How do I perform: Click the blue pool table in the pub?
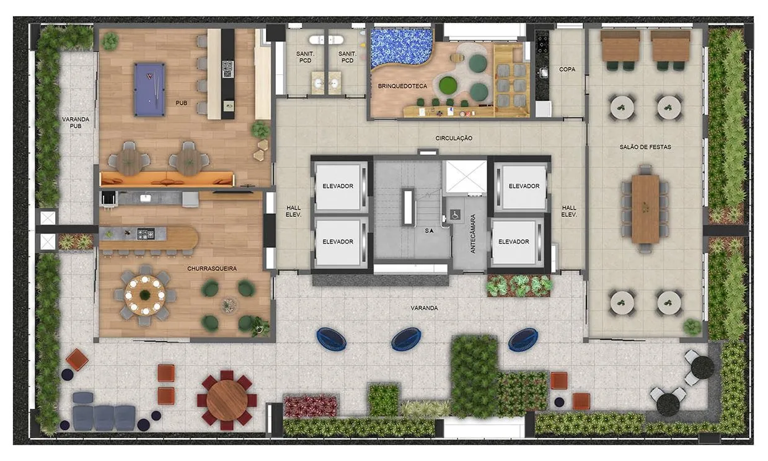click(149, 89)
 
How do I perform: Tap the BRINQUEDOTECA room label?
click(402, 86)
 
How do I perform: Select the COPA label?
click(567, 69)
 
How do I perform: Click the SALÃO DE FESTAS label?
click(645, 147)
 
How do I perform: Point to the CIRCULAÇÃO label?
click(454, 138)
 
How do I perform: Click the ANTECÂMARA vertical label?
click(473, 234)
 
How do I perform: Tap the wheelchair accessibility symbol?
click(456, 215)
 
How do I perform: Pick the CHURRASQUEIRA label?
click(212, 269)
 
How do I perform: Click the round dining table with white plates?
click(145, 295)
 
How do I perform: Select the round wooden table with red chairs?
click(227, 400)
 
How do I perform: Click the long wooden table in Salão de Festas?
click(646, 209)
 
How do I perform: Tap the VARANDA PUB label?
click(76, 122)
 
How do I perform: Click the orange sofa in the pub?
click(167, 179)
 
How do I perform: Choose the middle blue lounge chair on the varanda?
click(406, 339)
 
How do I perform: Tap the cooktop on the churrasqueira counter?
click(146, 234)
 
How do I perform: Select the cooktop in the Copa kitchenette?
click(542, 44)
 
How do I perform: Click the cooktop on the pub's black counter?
click(227, 69)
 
